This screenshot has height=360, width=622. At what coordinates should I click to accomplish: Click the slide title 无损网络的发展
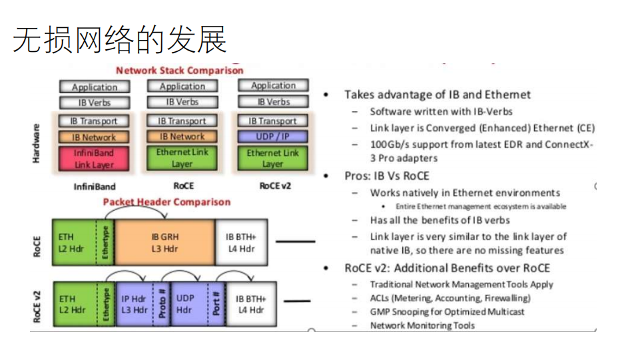120,39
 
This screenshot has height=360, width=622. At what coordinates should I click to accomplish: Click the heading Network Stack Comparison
179,70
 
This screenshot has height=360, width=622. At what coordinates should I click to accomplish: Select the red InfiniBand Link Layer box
94,158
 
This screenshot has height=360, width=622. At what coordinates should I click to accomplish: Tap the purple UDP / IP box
272,136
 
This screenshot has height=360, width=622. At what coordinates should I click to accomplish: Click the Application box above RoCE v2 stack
273,86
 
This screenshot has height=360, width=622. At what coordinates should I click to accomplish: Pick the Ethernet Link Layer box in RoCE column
182,158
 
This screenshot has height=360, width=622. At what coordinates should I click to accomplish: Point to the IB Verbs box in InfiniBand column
94,102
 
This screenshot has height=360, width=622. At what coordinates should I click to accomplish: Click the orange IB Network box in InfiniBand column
94,137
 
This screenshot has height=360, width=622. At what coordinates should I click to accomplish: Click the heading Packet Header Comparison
166,202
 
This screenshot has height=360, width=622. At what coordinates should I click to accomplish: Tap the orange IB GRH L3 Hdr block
165,242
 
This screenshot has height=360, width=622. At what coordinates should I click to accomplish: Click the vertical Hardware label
37,142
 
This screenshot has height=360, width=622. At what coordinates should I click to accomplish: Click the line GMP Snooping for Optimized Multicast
447,311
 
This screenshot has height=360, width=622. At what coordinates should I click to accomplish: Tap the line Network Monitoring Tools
422,325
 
